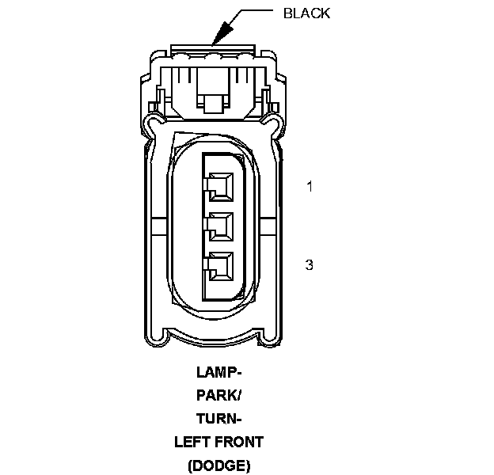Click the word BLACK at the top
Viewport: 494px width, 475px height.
click(306, 13)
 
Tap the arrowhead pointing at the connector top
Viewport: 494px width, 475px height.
click(221, 32)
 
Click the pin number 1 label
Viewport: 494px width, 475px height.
click(310, 187)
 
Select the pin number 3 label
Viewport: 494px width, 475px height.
click(310, 264)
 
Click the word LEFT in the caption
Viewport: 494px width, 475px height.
click(191, 442)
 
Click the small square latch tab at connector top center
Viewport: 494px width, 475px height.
click(214, 103)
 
